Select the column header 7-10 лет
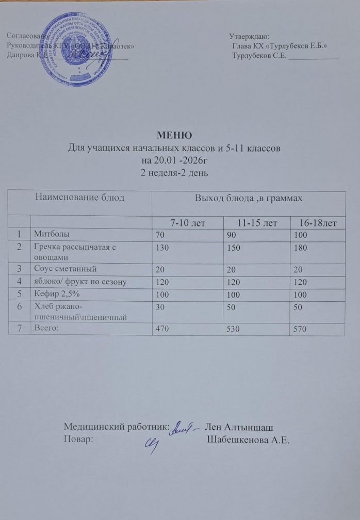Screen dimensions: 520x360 tap(187, 222)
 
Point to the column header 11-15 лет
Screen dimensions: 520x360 tap(256, 222)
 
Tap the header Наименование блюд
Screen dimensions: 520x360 tap(80, 197)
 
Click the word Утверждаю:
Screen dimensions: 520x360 tap(249, 36)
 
